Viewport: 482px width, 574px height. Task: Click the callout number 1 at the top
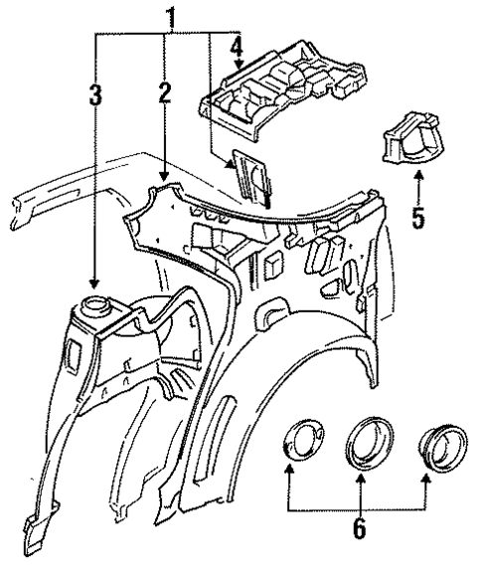point(172,17)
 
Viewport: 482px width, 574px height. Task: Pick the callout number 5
point(418,217)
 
